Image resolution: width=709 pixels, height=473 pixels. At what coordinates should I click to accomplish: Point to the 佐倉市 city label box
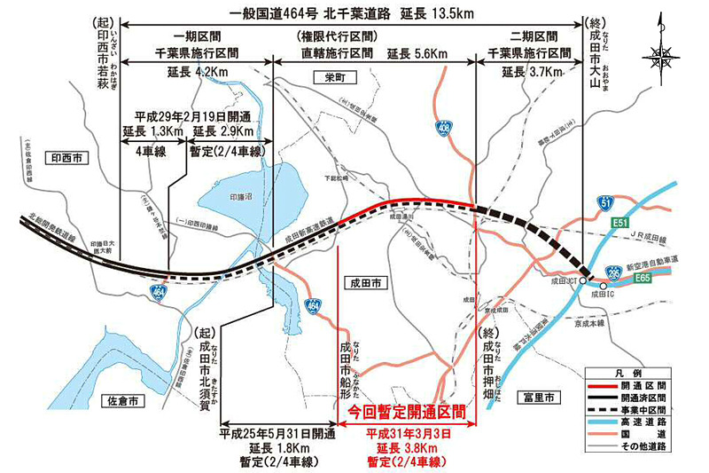[132, 401]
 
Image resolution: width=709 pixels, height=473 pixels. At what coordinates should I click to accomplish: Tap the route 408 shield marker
[443, 129]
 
